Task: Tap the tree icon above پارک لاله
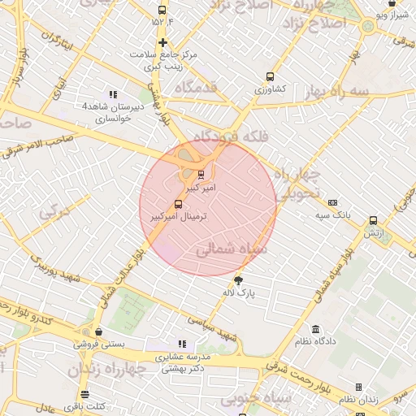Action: (x=237, y=280)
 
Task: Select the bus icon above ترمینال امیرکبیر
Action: (x=179, y=205)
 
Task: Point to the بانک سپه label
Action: (x=332, y=214)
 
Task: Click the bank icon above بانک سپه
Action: (x=332, y=203)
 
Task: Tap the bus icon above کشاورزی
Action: (x=270, y=77)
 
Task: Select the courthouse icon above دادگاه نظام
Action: (x=316, y=330)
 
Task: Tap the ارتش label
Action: (x=373, y=232)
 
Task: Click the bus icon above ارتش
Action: (x=373, y=220)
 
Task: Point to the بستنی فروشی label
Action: (x=100, y=344)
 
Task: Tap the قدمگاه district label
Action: (x=189, y=88)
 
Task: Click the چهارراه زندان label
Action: (x=107, y=370)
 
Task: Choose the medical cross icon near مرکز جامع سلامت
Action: (x=162, y=43)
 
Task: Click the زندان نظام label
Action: (x=358, y=400)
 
